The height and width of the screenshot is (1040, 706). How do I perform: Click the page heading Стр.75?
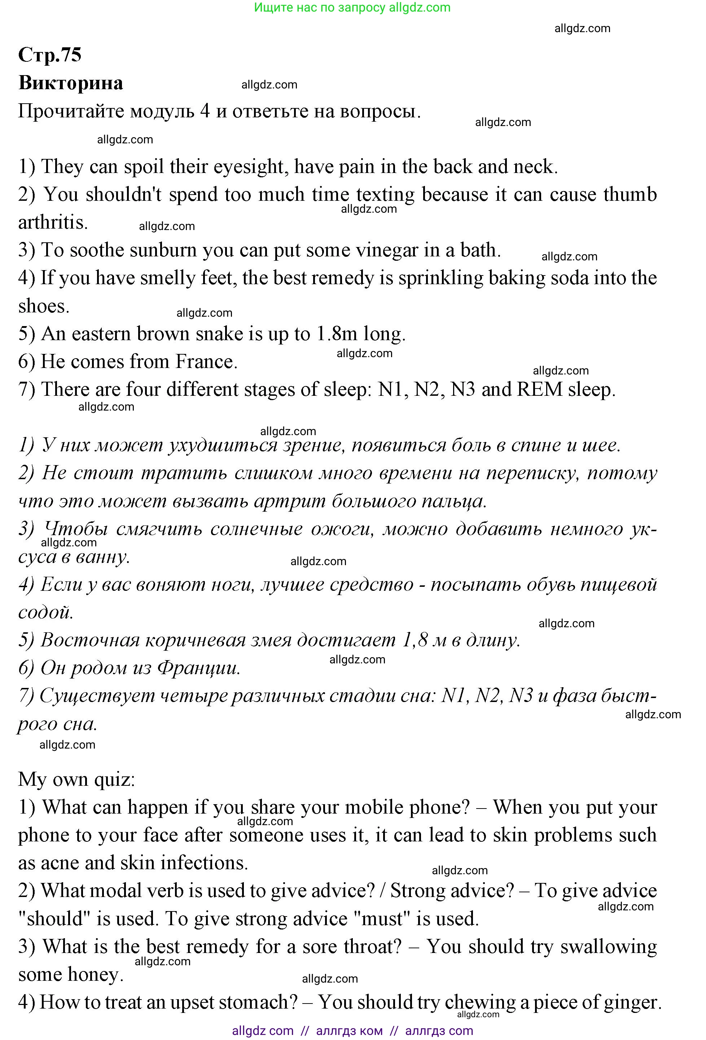point(50,55)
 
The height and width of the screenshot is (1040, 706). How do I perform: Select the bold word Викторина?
point(71,83)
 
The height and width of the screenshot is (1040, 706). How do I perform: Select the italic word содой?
point(45,612)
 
